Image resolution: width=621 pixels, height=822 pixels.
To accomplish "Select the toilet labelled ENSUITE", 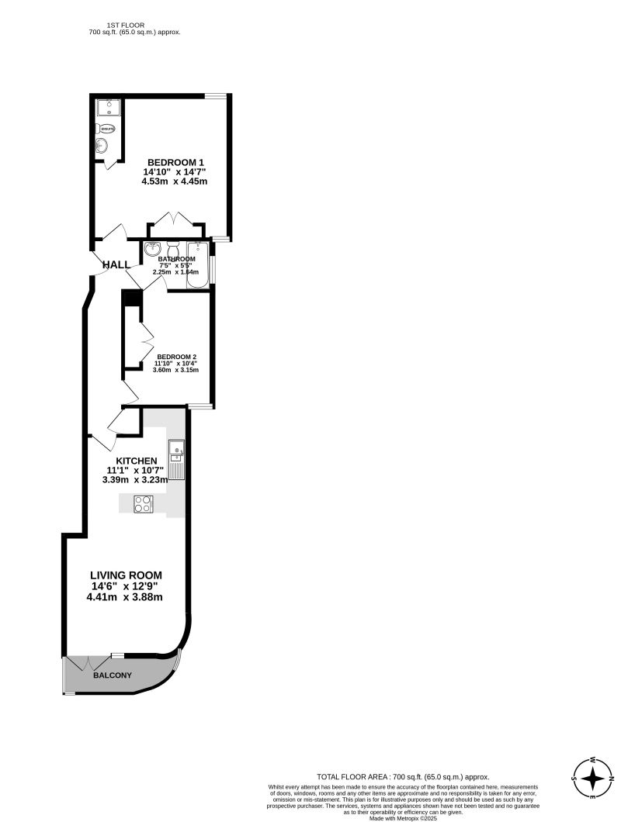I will [x=106, y=128].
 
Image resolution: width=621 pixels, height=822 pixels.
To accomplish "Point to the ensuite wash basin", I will [x=102, y=146].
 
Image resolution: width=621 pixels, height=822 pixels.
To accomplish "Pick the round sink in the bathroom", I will [x=152, y=249].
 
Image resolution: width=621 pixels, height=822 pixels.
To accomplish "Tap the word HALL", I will [x=116, y=264].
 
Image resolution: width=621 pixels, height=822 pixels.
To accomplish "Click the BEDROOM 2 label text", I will [x=177, y=357].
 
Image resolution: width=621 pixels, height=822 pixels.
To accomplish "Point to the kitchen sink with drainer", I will [x=176, y=459].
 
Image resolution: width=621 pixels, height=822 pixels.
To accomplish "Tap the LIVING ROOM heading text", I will [x=124, y=575].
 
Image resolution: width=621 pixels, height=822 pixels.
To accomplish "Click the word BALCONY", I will [x=113, y=675].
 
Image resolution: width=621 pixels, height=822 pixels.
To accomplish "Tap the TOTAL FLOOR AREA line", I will [x=402, y=775].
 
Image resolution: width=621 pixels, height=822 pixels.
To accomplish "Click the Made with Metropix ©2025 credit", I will [x=402, y=817].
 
